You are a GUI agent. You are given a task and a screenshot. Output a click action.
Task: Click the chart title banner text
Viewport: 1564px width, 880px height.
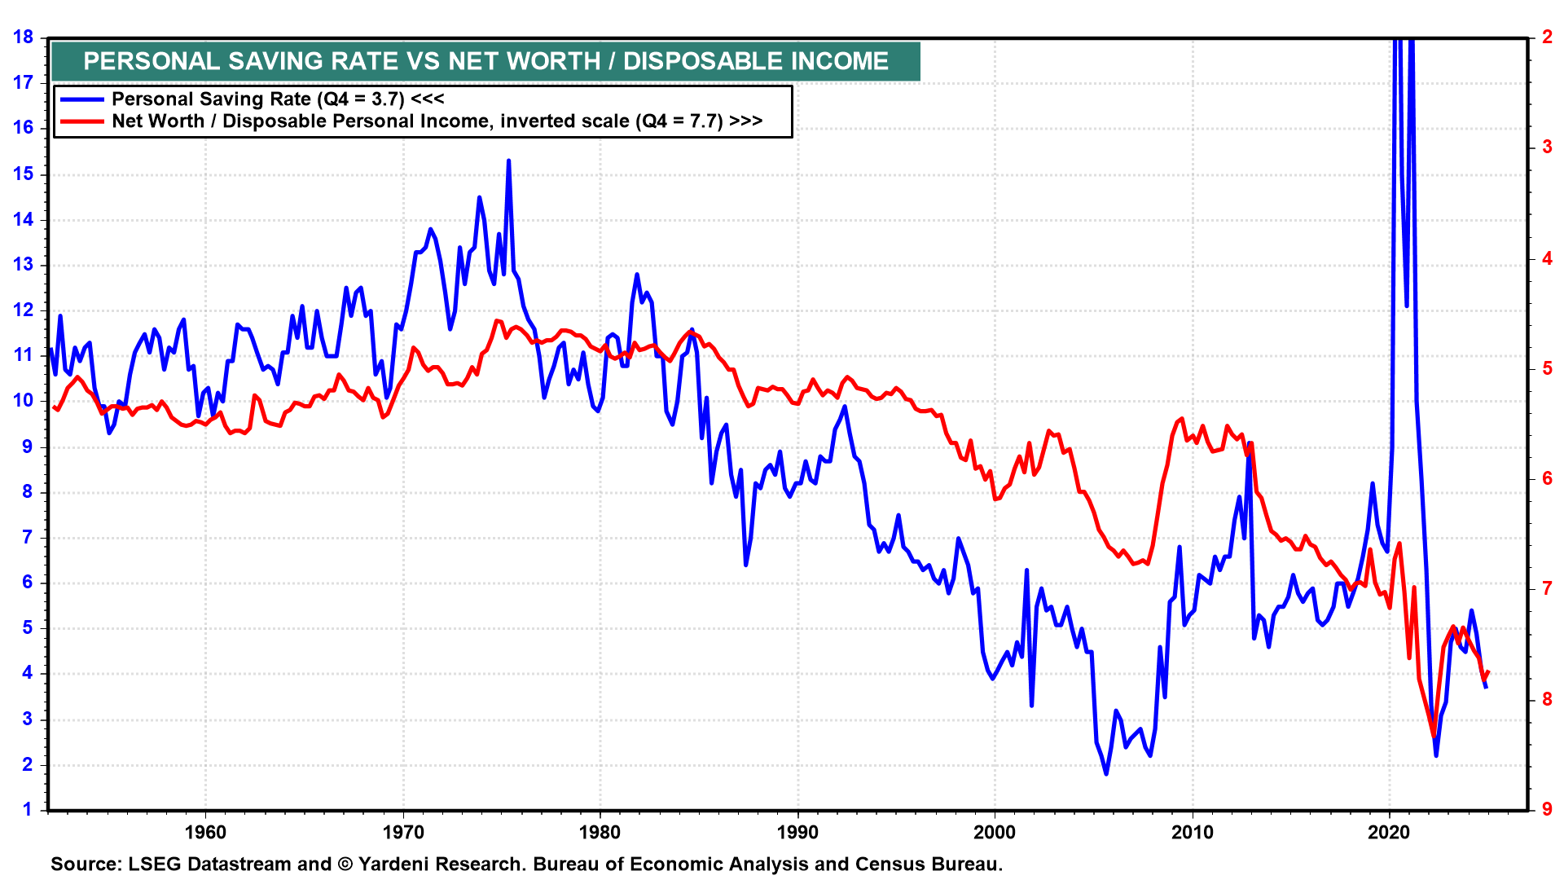click(485, 61)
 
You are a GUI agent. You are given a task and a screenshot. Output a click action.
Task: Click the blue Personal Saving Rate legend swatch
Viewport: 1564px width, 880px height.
click(81, 99)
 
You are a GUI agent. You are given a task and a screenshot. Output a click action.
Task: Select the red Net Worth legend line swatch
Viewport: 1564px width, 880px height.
click(81, 121)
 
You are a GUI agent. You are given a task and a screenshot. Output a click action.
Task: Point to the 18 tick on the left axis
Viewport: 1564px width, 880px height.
click(23, 37)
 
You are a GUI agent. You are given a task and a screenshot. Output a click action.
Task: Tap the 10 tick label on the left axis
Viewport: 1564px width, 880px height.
click(23, 400)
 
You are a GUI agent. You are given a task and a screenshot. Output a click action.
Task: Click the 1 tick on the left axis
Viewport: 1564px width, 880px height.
click(28, 809)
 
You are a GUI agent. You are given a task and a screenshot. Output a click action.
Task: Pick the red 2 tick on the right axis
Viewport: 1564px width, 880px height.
click(1547, 37)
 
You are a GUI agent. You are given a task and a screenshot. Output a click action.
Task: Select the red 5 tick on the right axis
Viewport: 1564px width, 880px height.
click(1547, 368)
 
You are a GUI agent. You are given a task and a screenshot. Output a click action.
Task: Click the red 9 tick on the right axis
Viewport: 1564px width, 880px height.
click(1547, 809)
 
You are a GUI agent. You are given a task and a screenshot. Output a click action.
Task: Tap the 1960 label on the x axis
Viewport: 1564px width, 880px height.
click(205, 832)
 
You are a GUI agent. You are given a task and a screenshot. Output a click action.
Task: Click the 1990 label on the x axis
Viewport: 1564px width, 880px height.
click(797, 832)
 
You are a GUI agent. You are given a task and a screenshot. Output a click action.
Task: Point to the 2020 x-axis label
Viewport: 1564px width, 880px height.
click(1389, 832)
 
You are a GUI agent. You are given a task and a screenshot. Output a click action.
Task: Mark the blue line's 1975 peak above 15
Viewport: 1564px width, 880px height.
click(508, 161)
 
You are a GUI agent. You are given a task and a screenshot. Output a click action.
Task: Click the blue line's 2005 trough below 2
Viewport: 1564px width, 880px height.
click(1106, 773)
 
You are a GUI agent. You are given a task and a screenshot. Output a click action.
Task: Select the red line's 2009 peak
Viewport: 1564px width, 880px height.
click(1181, 419)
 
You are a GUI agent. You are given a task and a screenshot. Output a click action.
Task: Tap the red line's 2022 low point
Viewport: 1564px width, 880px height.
click(1434, 736)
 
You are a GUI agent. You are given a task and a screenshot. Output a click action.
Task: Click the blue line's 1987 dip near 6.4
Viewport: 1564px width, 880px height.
click(745, 564)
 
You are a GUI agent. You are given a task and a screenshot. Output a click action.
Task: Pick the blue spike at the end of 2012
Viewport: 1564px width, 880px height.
click(1249, 444)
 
